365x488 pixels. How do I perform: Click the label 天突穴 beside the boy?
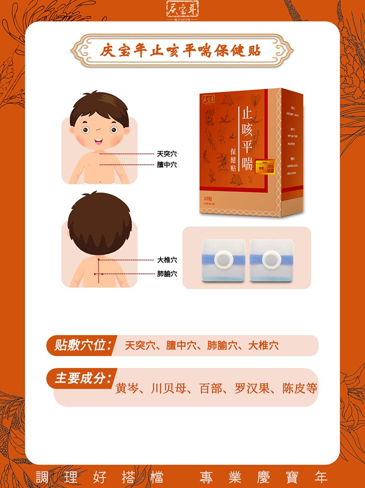coord(167,154)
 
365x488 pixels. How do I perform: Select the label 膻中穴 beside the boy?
coord(167,165)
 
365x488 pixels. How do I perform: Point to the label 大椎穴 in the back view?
coord(167,260)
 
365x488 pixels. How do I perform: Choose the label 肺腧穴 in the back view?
coord(167,274)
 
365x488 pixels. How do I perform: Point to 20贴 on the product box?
coord(210,199)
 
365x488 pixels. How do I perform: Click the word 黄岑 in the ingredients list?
coord(126,388)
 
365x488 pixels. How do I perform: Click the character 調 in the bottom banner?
coord(42,478)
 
